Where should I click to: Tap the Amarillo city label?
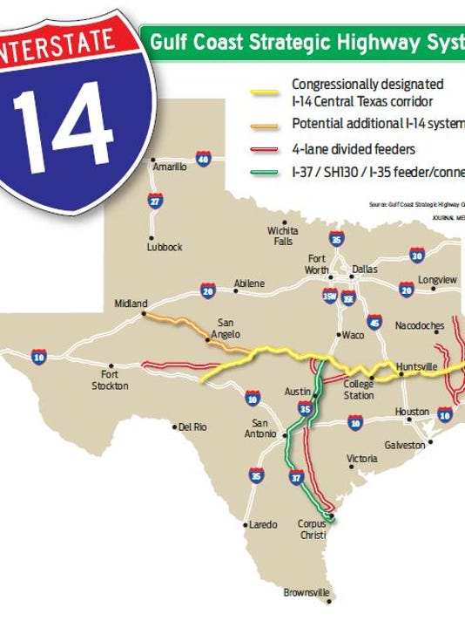(169, 167)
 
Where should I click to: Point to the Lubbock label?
(165, 247)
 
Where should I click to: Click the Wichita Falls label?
(282, 236)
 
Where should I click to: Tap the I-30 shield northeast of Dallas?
(416, 256)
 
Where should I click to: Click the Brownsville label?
(307, 593)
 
